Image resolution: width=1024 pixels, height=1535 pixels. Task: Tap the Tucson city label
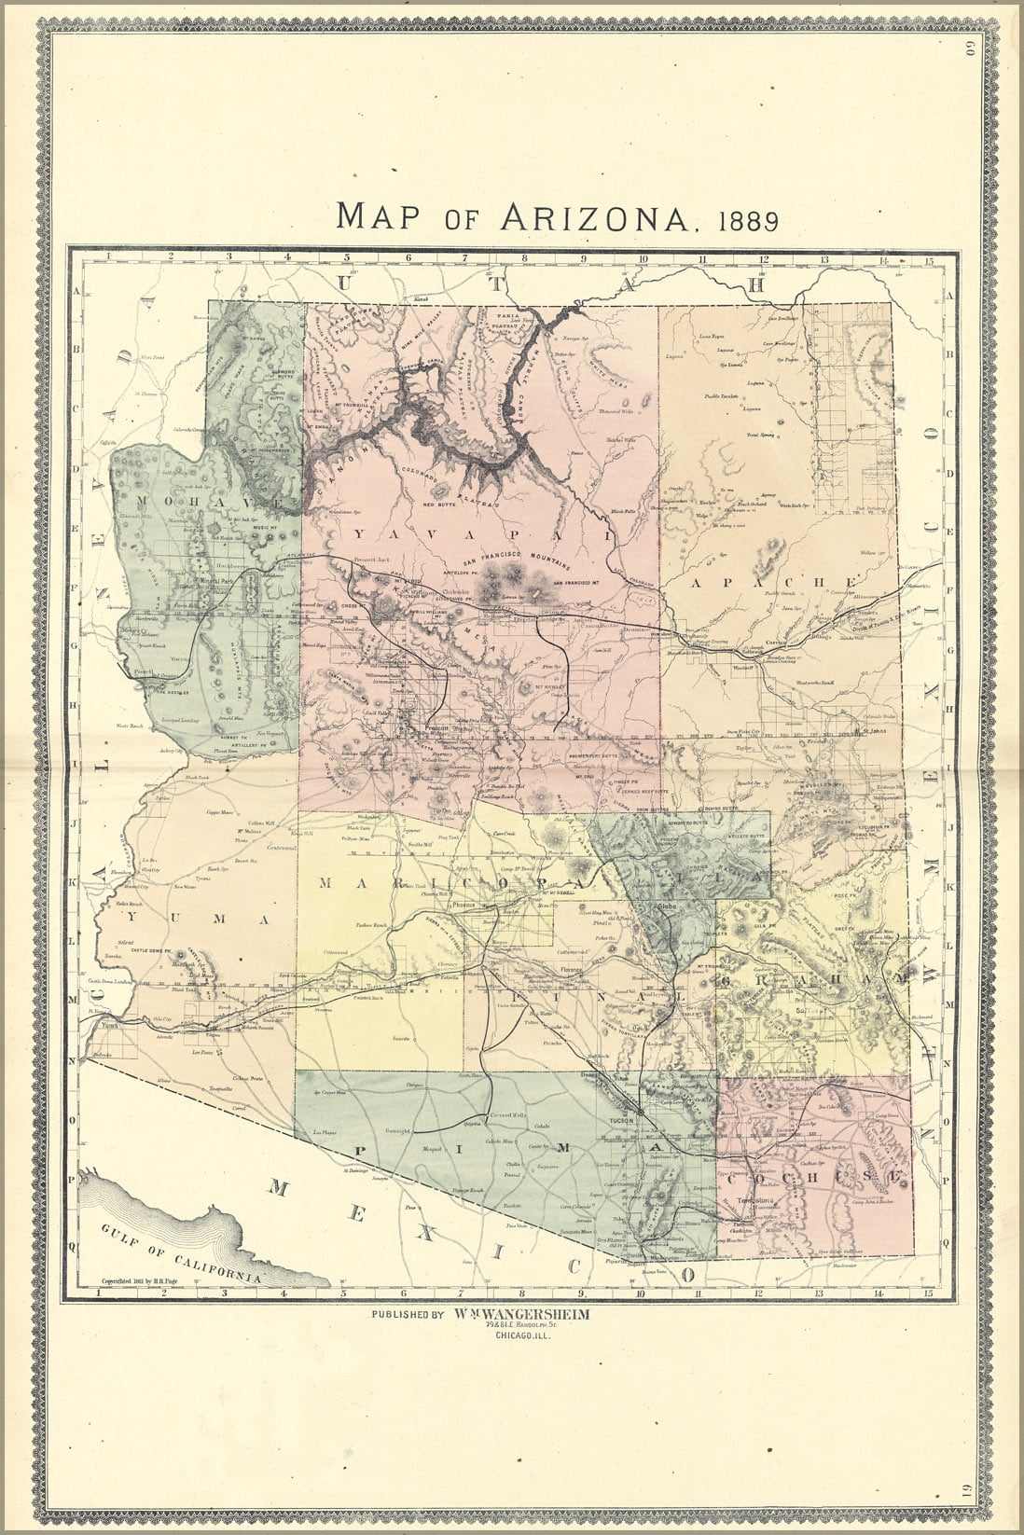[623, 1119]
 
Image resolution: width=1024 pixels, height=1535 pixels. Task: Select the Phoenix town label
[464, 906]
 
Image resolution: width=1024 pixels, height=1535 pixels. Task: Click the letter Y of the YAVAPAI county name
[359, 533]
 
